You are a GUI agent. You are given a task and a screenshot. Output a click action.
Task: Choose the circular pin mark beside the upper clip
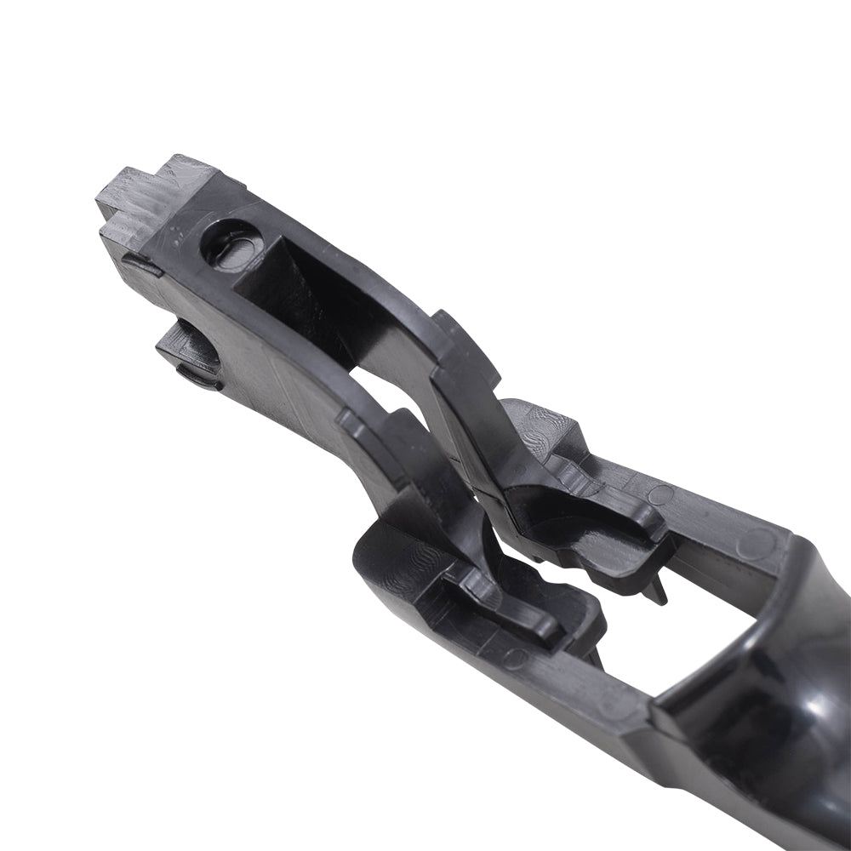point(660,494)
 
